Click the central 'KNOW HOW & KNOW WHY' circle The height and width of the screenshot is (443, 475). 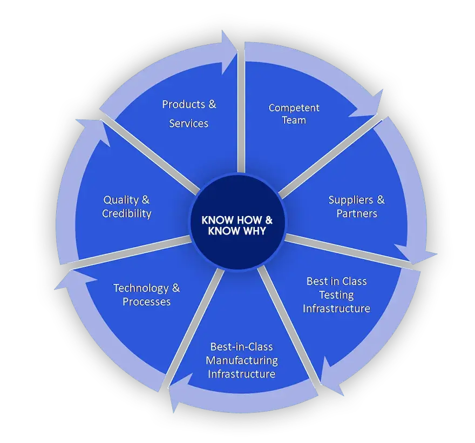[237, 226]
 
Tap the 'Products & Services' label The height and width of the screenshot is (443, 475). [189, 113]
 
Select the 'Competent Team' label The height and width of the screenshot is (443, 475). [294, 113]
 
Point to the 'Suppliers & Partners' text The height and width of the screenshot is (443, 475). [356, 206]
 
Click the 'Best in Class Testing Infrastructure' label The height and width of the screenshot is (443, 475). [336, 295]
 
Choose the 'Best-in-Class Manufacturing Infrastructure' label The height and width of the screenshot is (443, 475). [242, 360]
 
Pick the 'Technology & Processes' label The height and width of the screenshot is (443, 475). [146, 294]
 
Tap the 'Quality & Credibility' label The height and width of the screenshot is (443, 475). [127, 206]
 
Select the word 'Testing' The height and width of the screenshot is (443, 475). [336, 295]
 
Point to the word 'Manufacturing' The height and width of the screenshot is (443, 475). [242, 360]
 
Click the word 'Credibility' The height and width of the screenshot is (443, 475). [127, 213]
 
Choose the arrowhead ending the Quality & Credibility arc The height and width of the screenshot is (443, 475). [97, 130]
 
